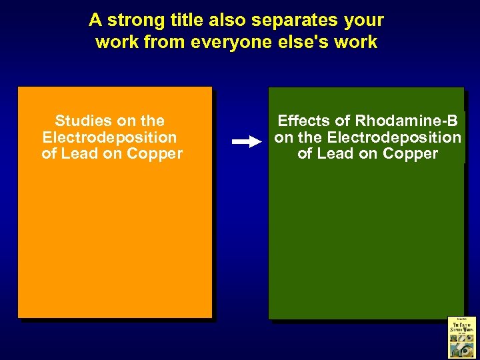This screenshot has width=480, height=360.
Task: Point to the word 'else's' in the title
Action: (302, 43)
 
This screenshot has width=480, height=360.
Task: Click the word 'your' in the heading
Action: (363, 20)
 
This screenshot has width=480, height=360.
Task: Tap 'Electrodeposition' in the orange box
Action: (109, 137)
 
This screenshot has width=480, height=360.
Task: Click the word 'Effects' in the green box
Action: (303, 121)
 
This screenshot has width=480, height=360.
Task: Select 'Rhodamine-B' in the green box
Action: (406, 121)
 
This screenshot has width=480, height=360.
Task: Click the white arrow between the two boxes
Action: (247, 141)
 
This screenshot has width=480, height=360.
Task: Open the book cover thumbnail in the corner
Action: (461, 337)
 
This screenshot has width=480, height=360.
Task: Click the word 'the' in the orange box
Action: (153, 121)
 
